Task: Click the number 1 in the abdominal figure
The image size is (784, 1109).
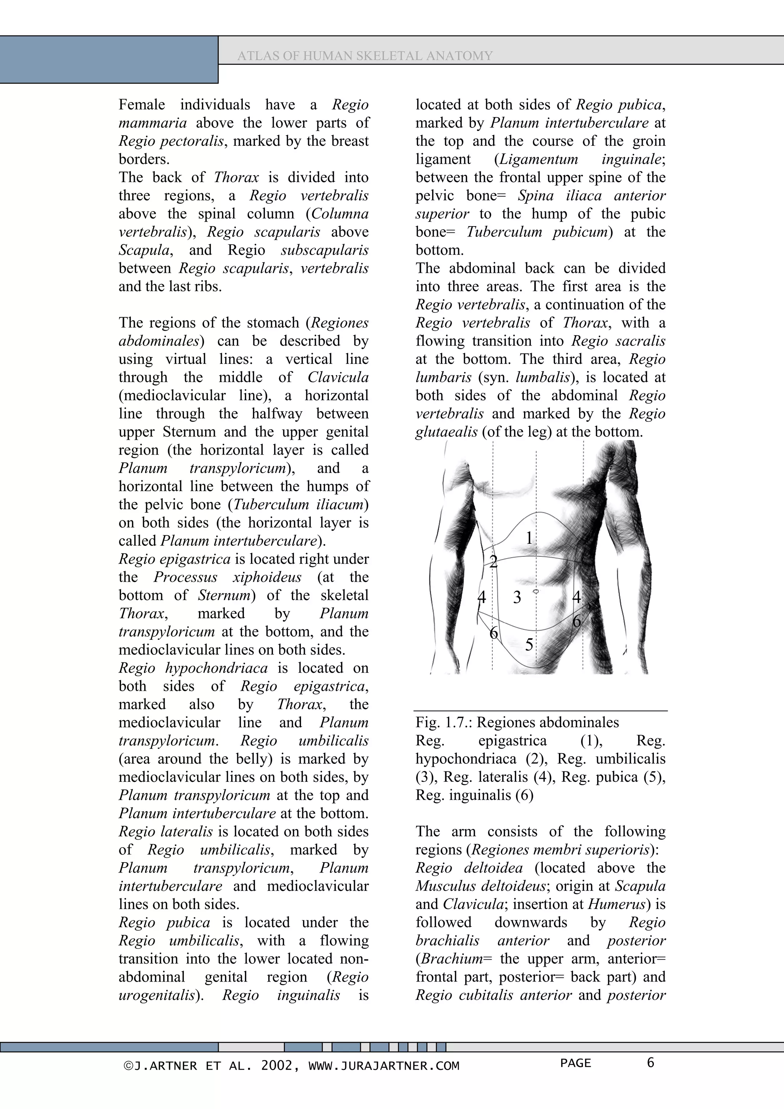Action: pyautogui.click(x=529, y=538)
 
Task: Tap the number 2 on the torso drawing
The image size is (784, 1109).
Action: pyautogui.click(x=493, y=561)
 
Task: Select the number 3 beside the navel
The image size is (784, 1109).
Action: pyautogui.click(x=517, y=597)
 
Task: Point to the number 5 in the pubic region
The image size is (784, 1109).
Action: pyautogui.click(x=529, y=645)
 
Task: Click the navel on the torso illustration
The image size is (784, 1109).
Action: pyautogui.click(x=536, y=591)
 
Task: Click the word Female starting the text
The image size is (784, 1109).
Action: pyautogui.click(x=142, y=105)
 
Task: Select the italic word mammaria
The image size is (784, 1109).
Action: pyautogui.click(x=153, y=123)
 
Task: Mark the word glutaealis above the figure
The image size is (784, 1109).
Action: pyautogui.click(x=446, y=432)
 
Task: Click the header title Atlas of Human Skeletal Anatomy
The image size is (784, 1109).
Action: pyautogui.click(x=365, y=56)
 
